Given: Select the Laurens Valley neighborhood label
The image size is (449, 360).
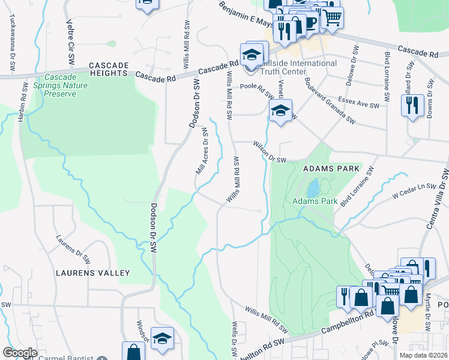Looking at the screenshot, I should pos(92,273).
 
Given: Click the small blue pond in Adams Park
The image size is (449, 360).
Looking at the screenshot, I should pos(312,189).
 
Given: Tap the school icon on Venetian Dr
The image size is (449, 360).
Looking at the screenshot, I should pos(280,111).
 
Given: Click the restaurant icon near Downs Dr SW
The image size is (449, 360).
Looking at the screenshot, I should pos(412,106).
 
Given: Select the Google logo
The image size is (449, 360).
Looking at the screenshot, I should pos(20,353).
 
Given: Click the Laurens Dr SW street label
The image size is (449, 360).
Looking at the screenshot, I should pos(73,250).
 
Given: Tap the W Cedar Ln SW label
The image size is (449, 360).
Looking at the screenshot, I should pos(413,191).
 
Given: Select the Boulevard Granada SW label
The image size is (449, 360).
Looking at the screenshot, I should pos(328,100).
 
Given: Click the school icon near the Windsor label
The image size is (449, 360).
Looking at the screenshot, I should pos(162,339).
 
